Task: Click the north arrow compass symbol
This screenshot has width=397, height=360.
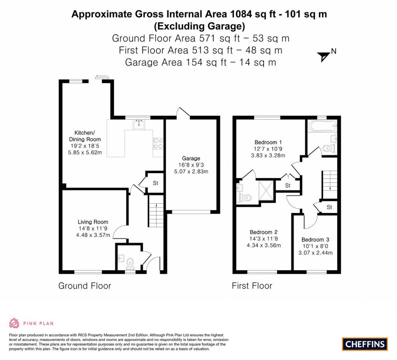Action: (x=323, y=57)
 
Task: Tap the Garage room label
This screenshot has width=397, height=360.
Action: (x=191, y=158)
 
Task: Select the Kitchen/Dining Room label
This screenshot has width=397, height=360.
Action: (x=85, y=136)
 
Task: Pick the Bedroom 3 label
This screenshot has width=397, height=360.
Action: (x=315, y=239)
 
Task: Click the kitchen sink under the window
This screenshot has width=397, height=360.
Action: (x=138, y=125)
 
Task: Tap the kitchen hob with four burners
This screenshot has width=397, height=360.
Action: (x=158, y=144)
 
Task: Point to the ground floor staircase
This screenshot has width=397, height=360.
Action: (x=156, y=211)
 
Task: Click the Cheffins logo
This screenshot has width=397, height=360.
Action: (x=365, y=344)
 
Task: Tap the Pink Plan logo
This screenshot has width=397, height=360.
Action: (x=31, y=323)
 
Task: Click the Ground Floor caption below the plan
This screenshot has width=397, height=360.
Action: (x=85, y=286)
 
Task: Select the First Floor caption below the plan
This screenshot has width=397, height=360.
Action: (x=252, y=286)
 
